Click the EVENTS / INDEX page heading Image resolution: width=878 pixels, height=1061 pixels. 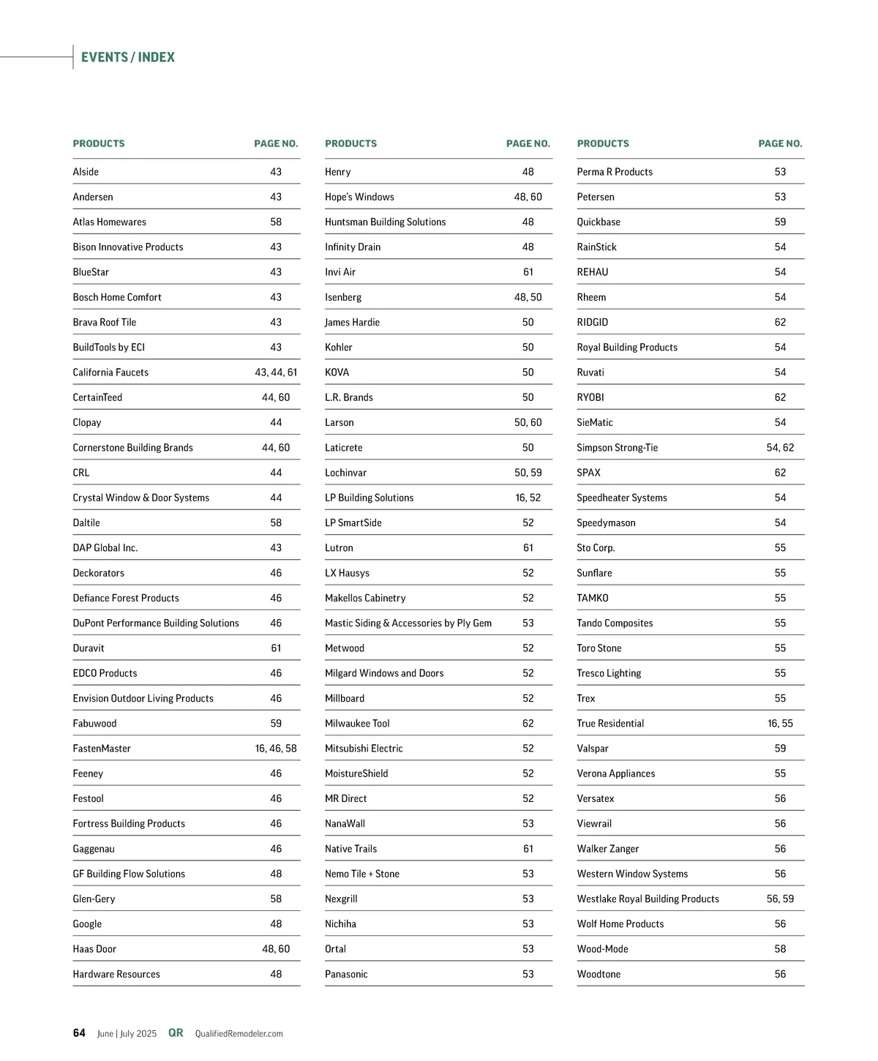128,57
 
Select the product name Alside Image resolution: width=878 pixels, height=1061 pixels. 86,172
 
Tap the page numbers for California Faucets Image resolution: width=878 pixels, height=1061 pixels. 276,372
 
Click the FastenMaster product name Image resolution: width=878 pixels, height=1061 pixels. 102,749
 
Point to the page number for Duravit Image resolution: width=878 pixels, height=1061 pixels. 276,648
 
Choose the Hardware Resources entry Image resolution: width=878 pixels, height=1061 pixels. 116,974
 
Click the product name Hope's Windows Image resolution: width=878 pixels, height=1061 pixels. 359,197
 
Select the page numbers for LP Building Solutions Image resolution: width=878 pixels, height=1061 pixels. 528,498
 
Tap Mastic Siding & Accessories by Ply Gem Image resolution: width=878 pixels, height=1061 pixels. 408,623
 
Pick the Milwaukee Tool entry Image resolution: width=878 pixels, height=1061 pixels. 357,724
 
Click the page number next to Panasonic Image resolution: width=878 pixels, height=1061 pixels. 528,974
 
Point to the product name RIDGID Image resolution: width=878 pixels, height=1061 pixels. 593,322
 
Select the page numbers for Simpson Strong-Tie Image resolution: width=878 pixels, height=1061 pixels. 780,448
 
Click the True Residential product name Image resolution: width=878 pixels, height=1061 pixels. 610,724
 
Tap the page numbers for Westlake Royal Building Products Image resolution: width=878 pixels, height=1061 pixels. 780,899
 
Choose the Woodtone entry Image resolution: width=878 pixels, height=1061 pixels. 599,974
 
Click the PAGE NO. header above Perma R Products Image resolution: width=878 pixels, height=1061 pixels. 780,143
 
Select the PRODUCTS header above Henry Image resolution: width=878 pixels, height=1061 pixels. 350,143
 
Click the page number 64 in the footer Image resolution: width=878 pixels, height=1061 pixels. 79,1033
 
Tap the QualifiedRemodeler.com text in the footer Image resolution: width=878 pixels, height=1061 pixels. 239,1034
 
